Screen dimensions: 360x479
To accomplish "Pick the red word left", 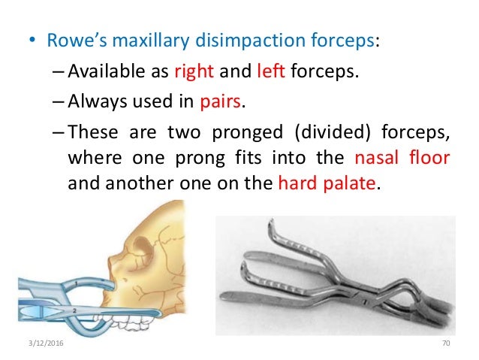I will (267, 73).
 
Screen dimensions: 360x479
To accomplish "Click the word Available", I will (107, 73).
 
